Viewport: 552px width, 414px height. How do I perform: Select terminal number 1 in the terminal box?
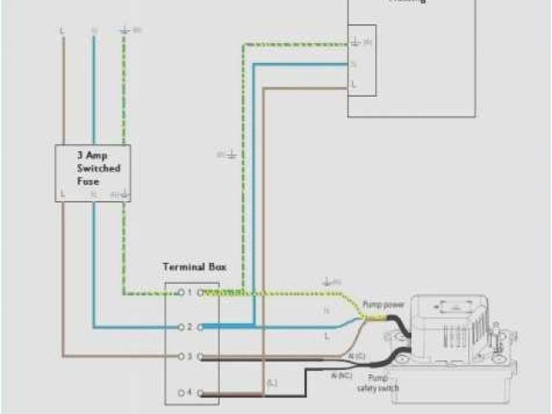coord(189,293)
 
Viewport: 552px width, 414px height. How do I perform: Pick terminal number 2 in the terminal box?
coord(189,328)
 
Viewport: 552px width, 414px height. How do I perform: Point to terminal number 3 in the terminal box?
coord(189,356)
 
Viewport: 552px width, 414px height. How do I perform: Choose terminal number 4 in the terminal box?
coord(189,392)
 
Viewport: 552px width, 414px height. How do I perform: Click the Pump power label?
coord(385,304)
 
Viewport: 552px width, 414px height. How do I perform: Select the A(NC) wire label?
coord(341,375)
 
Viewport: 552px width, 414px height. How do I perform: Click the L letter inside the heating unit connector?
coord(354,84)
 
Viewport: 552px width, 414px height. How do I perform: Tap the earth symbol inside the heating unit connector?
coord(354,41)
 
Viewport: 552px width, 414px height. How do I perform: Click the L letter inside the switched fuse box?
coord(63,195)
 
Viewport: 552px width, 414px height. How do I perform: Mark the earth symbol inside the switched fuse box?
coord(125,195)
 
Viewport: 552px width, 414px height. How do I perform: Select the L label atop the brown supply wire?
coord(62,30)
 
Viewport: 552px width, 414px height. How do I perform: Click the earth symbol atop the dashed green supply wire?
coord(126,30)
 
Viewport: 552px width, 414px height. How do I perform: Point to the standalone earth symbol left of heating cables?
coord(231,154)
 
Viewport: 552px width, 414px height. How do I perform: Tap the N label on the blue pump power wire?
coord(327,310)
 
